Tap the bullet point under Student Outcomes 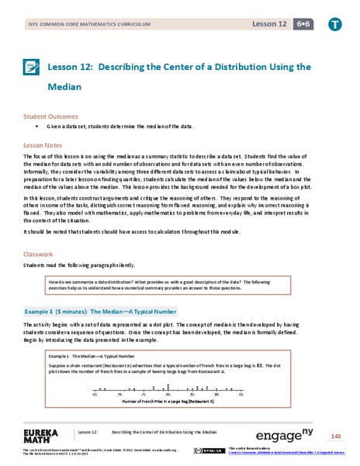pos(36,126)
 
